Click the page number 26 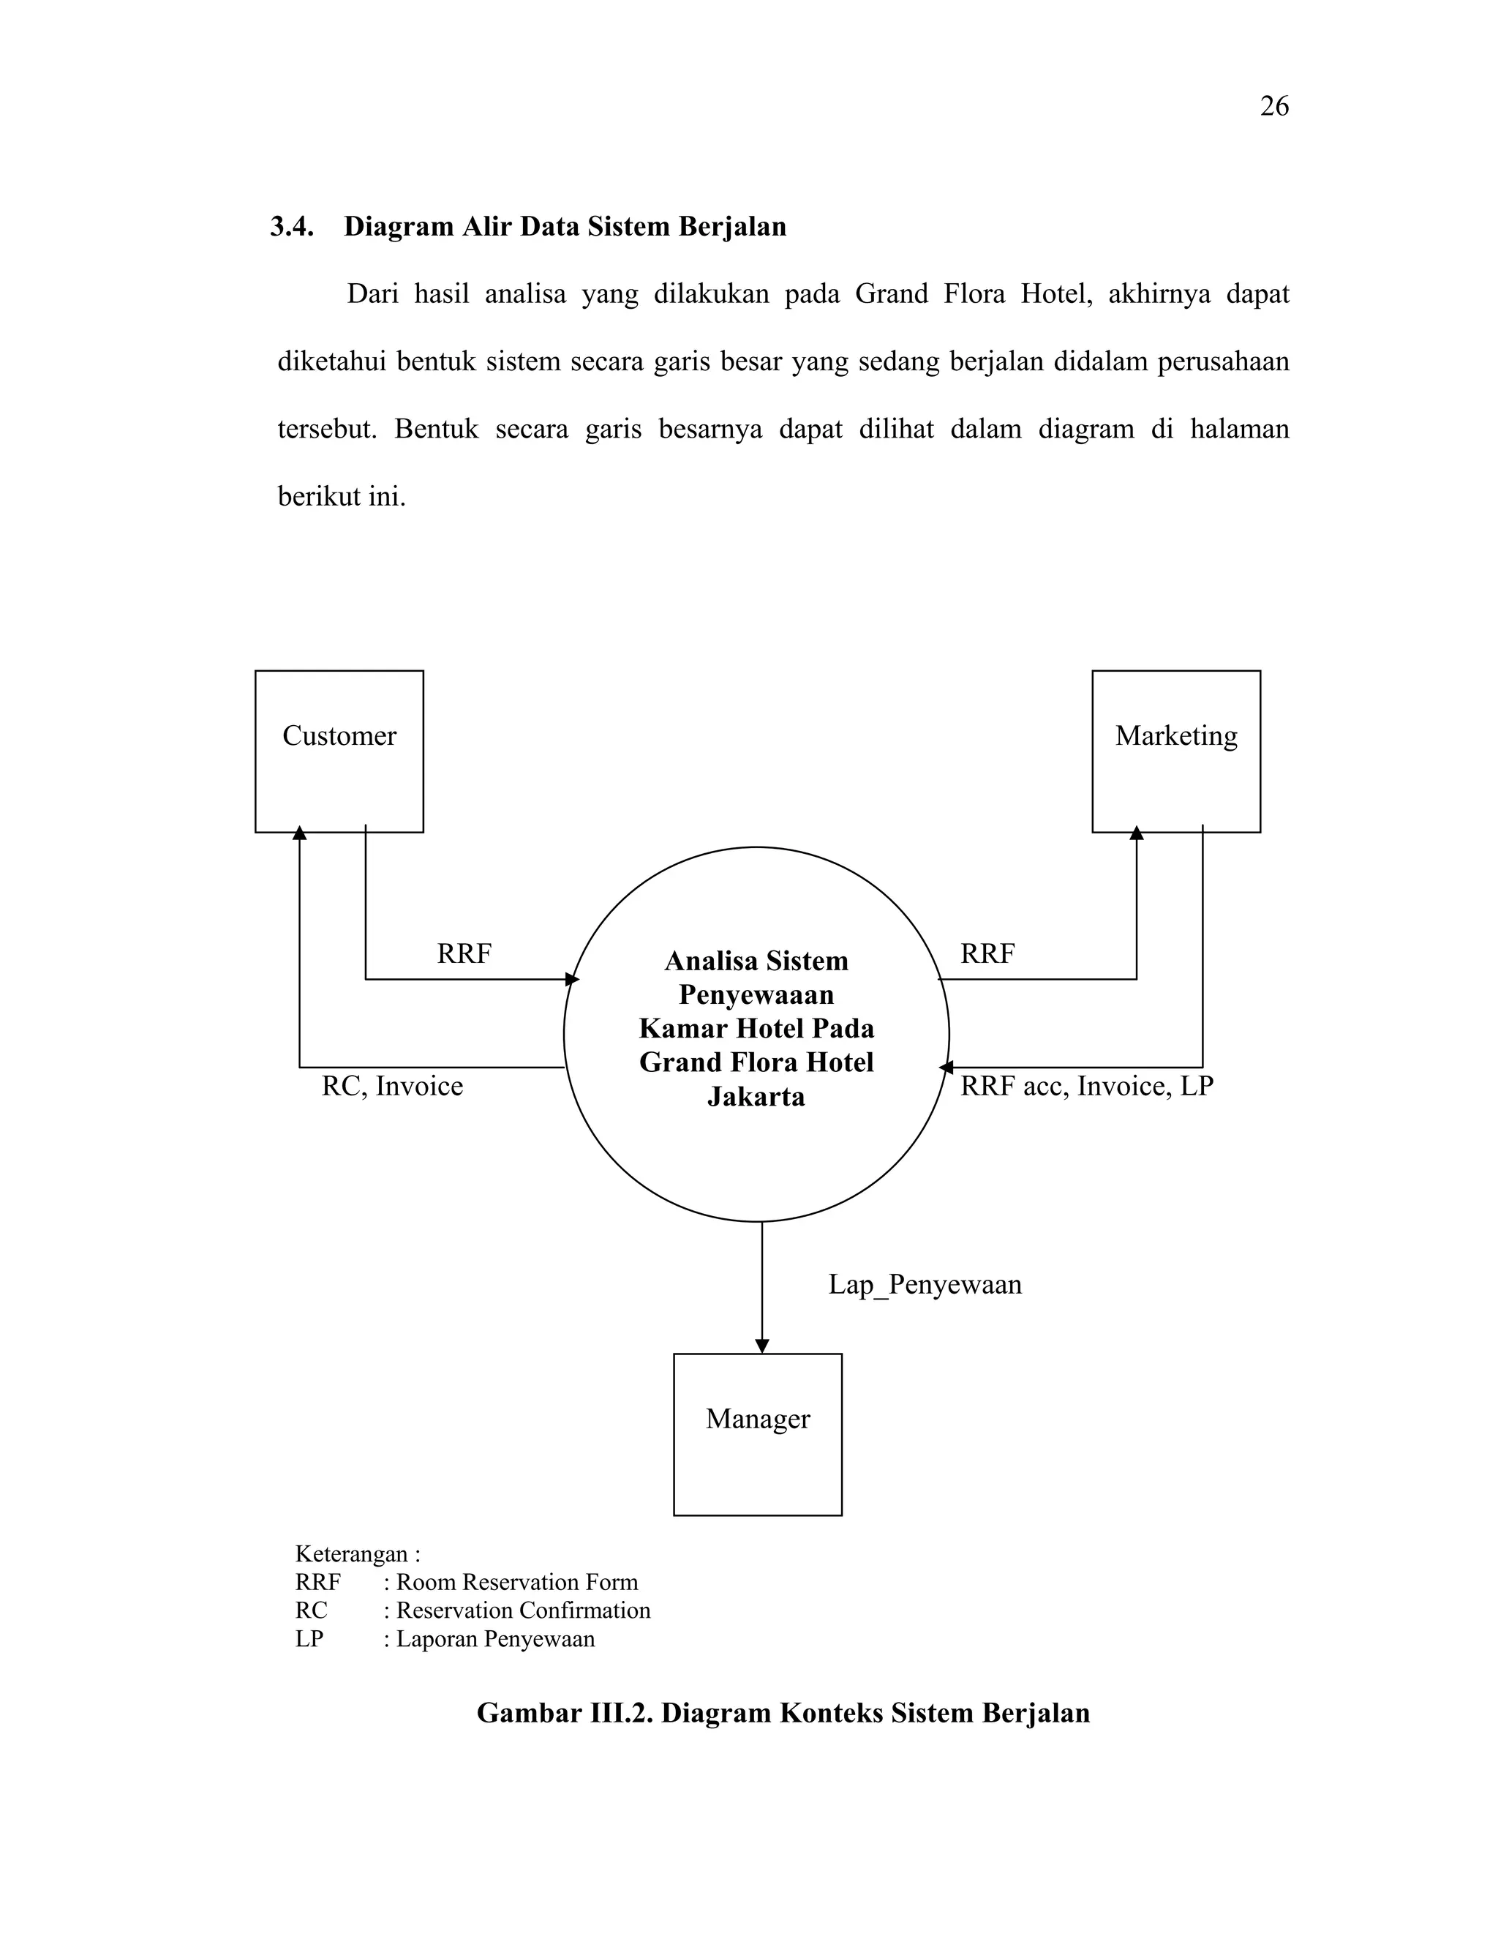point(1273,107)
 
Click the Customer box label point(339,736)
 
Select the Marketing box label point(1176,736)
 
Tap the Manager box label point(757,1419)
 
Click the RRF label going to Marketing point(987,953)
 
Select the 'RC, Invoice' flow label point(391,1086)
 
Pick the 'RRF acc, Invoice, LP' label point(1086,1086)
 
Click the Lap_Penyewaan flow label point(925,1284)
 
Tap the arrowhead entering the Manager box point(761,1346)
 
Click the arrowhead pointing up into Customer point(300,833)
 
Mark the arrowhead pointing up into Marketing point(1136,833)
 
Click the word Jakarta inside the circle point(756,1097)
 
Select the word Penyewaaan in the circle point(756,994)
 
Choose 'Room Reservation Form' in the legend point(516,1582)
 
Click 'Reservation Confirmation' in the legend point(523,1610)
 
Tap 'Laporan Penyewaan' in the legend point(495,1639)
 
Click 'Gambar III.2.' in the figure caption point(565,1713)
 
